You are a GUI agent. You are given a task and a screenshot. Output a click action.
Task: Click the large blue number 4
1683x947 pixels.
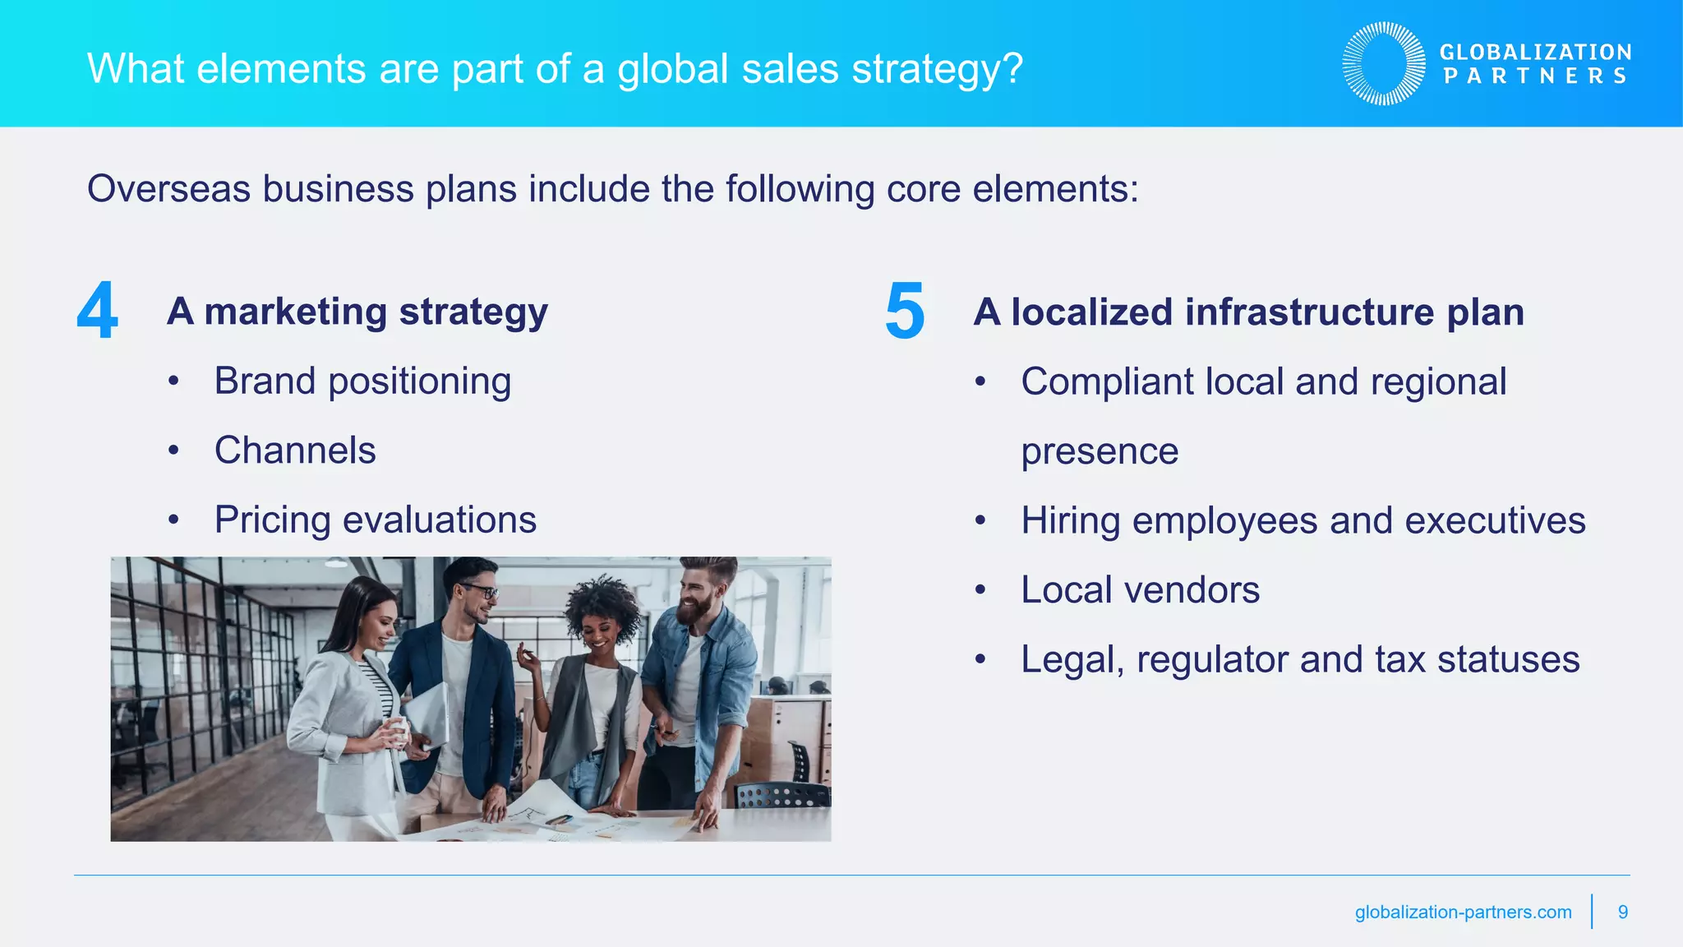tap(97, 311)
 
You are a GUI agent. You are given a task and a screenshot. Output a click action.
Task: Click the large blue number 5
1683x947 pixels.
tap(905, 311)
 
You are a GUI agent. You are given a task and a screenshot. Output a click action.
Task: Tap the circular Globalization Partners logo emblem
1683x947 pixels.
tap(1384, 63)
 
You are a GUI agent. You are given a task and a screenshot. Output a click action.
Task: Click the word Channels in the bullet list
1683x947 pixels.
tap(295, 450)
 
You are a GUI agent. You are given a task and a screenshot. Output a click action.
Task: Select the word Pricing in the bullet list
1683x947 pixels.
tap(272, 520)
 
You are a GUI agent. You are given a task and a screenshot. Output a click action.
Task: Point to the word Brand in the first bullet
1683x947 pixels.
tap(265, 381)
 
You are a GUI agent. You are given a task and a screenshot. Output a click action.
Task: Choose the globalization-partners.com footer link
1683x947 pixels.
tap(1463, 912)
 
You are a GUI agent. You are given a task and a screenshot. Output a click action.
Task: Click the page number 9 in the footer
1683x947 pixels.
tap(1623, 912)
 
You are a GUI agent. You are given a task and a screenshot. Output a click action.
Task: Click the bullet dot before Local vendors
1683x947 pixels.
tap(980, 590)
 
